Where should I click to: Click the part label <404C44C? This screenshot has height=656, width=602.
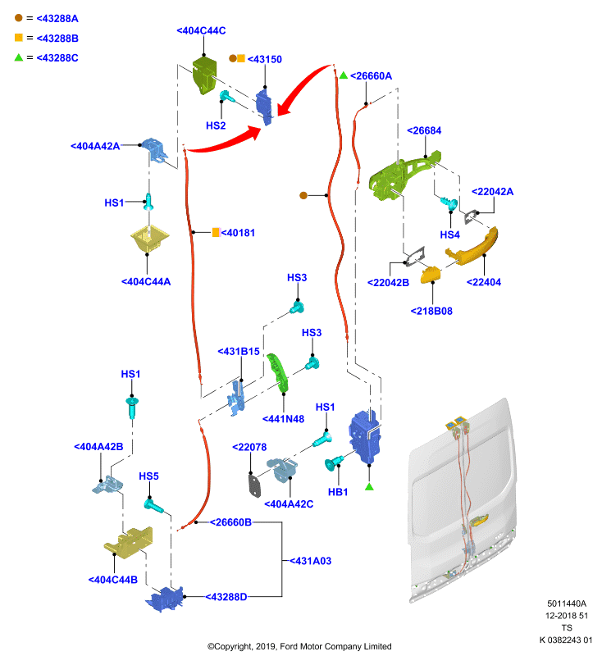201,30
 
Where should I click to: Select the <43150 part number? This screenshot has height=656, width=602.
265,59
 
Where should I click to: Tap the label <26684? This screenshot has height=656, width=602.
424,130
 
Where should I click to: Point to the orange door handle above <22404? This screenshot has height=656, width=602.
472,248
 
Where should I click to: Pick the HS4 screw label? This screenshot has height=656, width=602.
449,235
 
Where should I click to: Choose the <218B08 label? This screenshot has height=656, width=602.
431,311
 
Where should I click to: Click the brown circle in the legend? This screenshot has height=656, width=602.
18,18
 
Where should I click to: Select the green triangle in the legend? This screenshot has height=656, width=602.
18,57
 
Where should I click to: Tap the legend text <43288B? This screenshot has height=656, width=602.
57,38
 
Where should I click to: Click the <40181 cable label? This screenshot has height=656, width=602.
238,233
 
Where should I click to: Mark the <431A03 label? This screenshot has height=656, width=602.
310,561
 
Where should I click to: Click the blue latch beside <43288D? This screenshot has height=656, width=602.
165,599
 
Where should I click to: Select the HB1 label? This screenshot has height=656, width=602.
338,492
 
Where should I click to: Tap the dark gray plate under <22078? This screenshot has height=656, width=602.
254,485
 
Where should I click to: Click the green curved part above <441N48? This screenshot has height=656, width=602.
278,373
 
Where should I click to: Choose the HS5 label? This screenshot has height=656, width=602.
148,476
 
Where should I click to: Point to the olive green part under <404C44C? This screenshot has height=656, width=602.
204,75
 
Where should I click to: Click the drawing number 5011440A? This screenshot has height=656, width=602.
567,604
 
